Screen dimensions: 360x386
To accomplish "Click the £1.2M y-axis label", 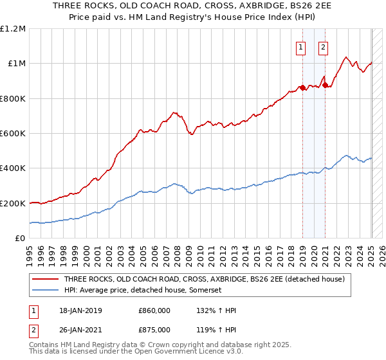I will coord(13,29).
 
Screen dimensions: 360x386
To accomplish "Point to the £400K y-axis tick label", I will coord(13,168).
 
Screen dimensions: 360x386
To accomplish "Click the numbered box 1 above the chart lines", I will coord(300,46).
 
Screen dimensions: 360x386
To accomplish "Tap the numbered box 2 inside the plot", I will coord(322,46).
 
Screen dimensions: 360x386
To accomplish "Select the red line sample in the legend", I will coord(46,279).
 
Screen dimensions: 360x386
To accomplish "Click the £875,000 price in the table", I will coord(154,330).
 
